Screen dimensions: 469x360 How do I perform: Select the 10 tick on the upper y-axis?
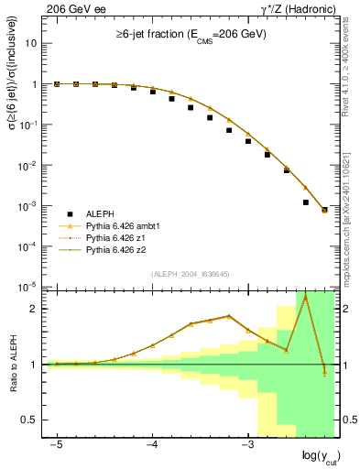pyautogui.click(x=32, y=43)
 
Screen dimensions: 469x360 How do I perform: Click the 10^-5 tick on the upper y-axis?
pyautogui.click(x=29, y=287)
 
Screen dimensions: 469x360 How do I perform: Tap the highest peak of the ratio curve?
pyautogui.click(x=305, y=296)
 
